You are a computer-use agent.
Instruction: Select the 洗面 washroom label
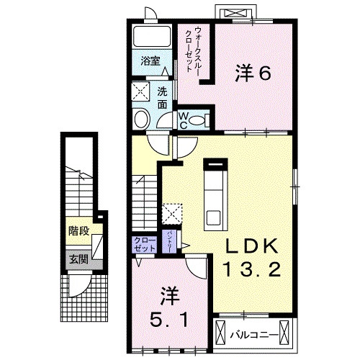tap(162, 98)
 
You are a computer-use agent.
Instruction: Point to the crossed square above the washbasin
tap(140, 91)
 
